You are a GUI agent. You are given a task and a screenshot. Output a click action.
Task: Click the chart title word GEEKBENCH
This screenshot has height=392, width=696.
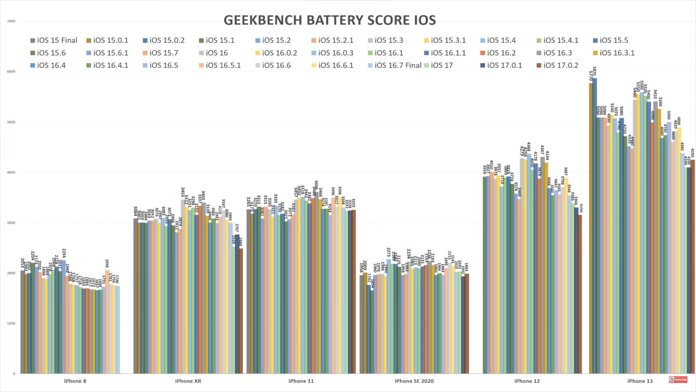tap(263, 20)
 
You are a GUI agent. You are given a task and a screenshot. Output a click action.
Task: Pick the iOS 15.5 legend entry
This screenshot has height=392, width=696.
tap(610, 40)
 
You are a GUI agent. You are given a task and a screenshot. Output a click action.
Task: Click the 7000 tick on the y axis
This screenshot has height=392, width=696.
tap(11, 21)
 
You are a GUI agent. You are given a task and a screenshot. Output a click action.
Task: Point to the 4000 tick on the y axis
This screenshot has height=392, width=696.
tap(11, 172)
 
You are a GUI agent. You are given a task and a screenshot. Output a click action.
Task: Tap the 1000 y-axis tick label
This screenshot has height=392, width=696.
tap(11, 323)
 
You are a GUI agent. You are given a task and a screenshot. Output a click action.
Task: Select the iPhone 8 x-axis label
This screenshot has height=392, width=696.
tap(75, 381)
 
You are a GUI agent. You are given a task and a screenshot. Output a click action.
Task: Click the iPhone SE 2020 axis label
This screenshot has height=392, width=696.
tap(414, 381)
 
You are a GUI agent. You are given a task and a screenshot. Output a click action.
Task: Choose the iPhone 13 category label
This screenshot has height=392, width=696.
tap(640, 381)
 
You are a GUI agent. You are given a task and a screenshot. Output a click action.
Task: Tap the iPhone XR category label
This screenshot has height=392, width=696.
tap(188, 381)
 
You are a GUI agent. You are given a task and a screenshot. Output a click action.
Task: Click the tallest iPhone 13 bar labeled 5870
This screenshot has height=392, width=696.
tap(594, 225)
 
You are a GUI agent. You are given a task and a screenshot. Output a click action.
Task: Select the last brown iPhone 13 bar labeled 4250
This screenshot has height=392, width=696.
tap(693, 267)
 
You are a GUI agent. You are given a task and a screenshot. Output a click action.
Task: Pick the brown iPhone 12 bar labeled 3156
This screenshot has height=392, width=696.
tap(580, 294)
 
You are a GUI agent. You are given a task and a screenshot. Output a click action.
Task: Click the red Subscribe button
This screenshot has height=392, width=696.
tap(678, 380)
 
